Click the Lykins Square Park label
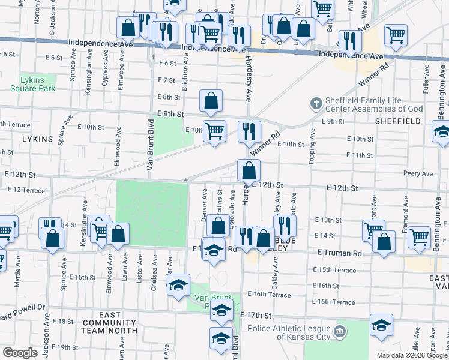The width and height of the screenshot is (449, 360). [32, 83]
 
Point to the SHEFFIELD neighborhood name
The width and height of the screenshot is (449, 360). [397, 121]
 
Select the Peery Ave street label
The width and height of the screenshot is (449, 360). [418, 173]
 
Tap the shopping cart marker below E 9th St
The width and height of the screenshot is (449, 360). [214, 131]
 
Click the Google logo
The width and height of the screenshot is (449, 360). [19, 352]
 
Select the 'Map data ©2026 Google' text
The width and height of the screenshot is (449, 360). [412, 355]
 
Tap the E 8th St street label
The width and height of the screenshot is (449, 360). [169, 97]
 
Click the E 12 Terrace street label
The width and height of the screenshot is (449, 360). [26, 190]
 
